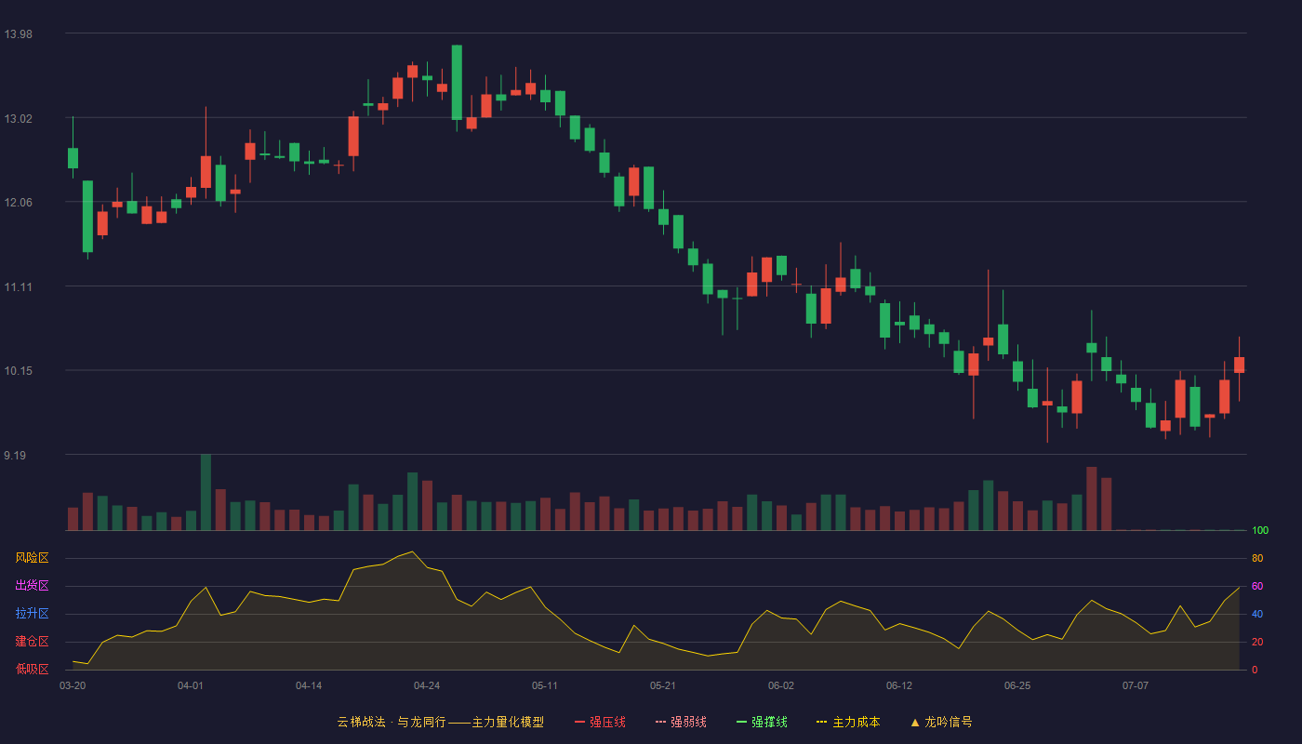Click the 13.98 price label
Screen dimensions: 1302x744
point(18,34)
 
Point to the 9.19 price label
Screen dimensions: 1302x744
point(15,456)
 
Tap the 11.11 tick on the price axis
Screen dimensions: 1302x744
point(18,287)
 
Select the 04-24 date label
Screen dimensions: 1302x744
point(427,686)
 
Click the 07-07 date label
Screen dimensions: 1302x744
point(1136,686)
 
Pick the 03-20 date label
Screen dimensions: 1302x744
point(73,686)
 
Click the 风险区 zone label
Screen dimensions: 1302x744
point(32,558)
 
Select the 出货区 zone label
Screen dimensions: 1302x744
point(32,585)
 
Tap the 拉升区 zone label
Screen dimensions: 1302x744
point(32,613)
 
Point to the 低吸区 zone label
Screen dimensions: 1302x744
point(32,669)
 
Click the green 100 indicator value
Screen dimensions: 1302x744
point(1260,530)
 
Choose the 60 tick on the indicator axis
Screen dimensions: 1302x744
point(1257,586)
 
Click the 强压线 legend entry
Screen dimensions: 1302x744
point(600,722)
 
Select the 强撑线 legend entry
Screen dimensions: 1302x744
point(762,722)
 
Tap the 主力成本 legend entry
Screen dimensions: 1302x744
point(848,722)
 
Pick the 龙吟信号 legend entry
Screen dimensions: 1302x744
point(941,722)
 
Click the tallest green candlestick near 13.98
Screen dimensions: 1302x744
point(457,83)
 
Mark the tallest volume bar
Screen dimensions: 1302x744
point(206,492)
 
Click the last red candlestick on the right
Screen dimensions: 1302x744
point(1239,365)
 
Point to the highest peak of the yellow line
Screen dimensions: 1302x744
point(412,551)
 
